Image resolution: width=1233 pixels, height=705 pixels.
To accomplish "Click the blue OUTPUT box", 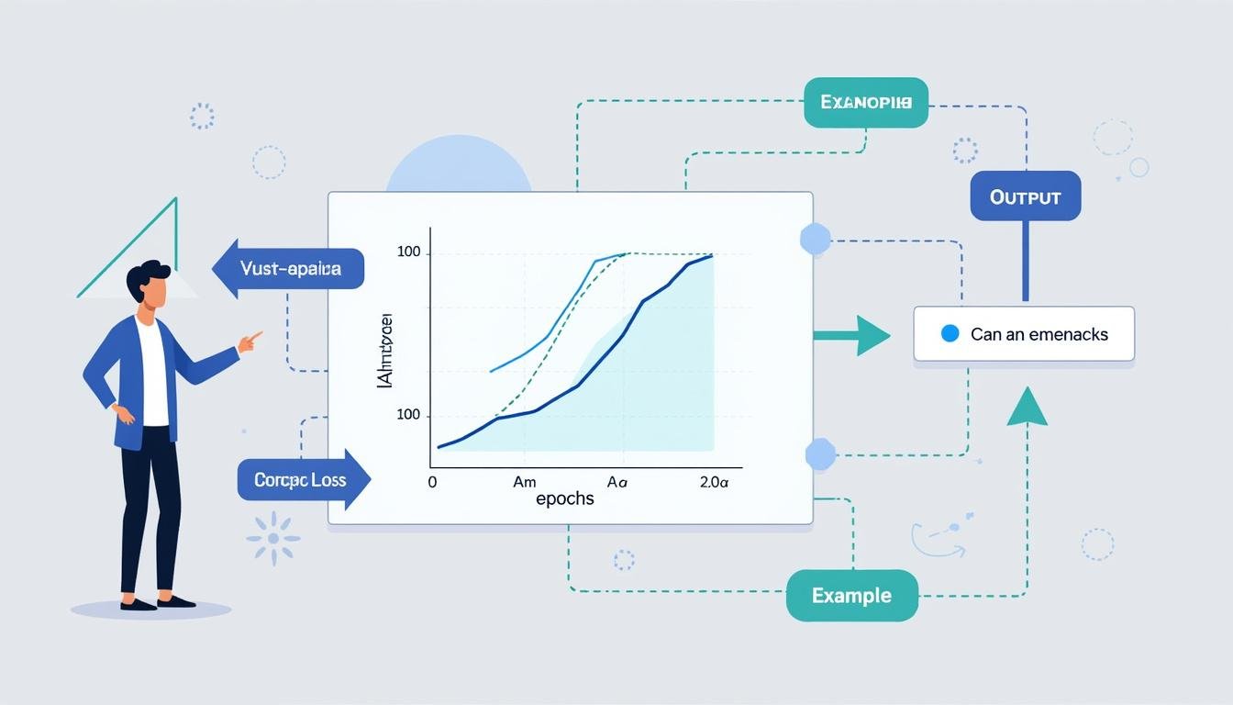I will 1025,196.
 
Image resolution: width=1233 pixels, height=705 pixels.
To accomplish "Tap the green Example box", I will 851,596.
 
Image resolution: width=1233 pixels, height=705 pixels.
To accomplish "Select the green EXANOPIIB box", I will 865,102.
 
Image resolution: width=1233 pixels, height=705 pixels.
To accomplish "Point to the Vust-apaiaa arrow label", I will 289,269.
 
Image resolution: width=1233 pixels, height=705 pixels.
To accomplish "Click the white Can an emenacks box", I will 1024,333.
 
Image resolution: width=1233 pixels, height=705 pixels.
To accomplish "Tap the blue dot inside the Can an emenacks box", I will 950,333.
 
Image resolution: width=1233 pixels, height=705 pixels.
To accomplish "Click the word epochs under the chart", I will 564,498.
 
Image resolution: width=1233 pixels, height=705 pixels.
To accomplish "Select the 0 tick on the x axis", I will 432,481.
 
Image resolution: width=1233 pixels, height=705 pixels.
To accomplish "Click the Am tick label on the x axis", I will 524,481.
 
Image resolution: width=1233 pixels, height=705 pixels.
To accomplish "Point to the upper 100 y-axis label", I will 408,252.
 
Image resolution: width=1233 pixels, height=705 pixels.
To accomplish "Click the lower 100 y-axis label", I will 408,415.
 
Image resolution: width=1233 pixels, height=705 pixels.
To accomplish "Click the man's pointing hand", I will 249,341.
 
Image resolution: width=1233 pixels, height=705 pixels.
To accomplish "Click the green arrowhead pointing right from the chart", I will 872,335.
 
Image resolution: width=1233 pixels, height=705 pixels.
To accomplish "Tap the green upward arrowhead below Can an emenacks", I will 1027,406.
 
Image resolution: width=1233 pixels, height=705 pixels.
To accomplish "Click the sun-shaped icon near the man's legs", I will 273,537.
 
